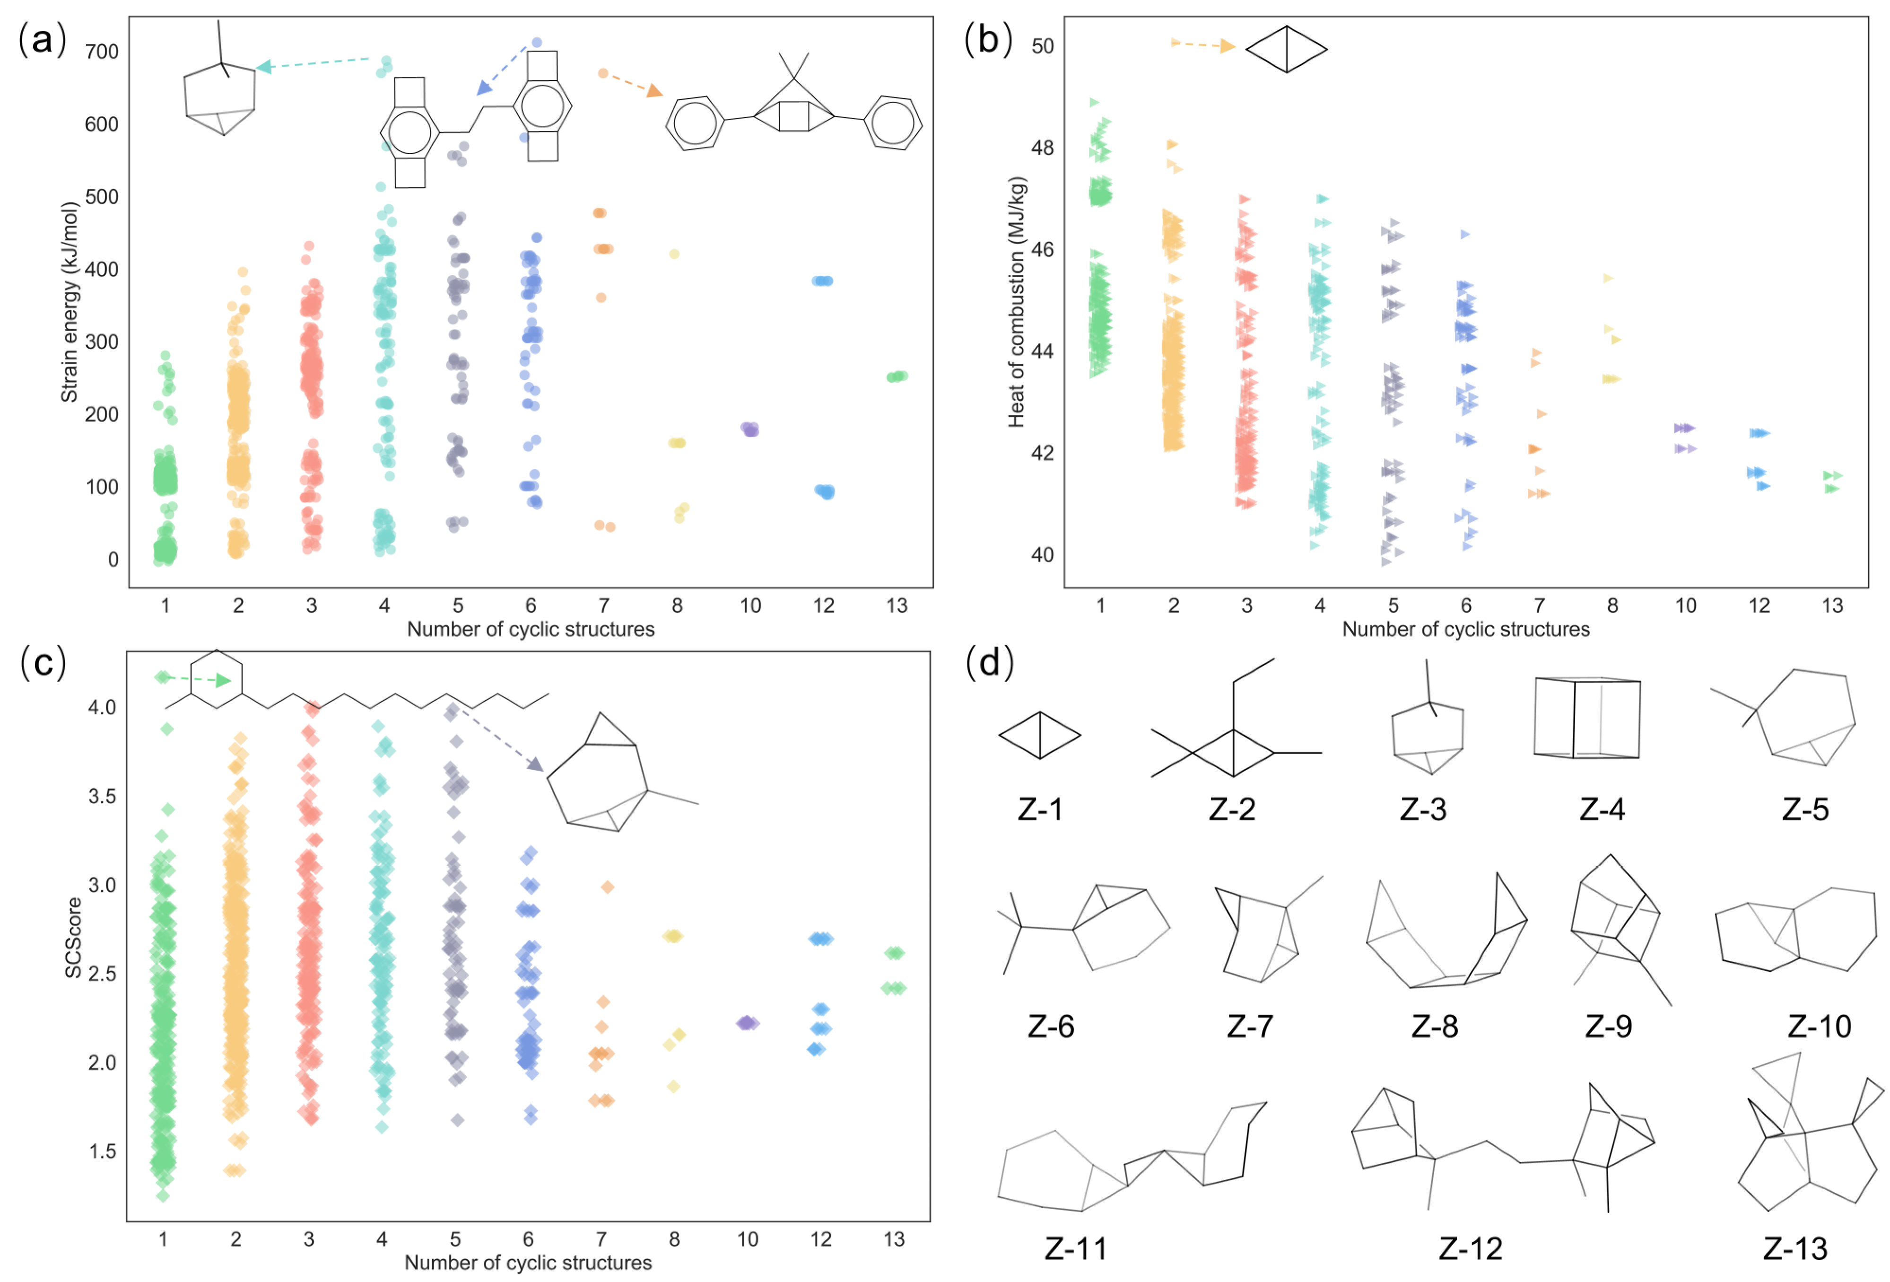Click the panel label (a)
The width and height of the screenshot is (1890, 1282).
pyautogui.click(x=42, y=40)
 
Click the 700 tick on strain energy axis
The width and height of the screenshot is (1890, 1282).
pyautogui.click(x=102, y=52)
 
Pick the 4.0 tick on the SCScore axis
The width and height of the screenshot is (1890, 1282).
pyautogui.click(x=102, y=707)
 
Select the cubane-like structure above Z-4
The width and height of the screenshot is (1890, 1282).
pyautogui.click(x=1586, y=718)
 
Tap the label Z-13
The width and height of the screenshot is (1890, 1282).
pyautogui.click(x=1795, y=1248)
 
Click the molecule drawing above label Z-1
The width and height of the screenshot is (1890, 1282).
pyautogui.click(x=1039, y=735)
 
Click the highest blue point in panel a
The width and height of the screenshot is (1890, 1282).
pyautogui.click(x=537, y=42)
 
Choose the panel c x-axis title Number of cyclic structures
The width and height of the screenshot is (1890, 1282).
pyautogui.click(x=528, y=1263)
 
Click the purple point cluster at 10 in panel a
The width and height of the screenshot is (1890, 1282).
pyautogui.click(x=750, y=429)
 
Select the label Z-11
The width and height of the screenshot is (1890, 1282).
pyautogui.click(x=1076, y=1248)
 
